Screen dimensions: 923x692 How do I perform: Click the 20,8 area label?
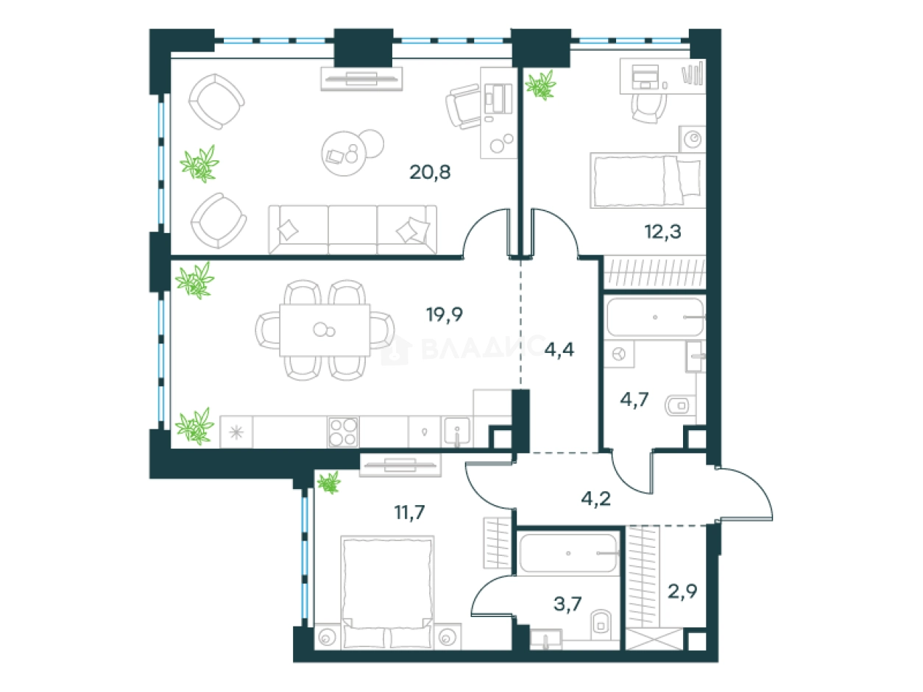430,172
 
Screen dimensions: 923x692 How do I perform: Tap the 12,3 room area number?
662,232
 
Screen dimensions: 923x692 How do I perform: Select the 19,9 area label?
445,314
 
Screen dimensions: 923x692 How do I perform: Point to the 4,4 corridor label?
559,349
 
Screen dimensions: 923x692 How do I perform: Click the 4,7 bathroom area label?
634,399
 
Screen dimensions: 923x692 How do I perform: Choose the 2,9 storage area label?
682,591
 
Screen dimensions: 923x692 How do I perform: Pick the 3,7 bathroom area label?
567,604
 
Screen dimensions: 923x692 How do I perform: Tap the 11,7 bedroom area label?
409,512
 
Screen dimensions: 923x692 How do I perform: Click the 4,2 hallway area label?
596,499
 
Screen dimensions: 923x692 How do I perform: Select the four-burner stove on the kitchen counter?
343,432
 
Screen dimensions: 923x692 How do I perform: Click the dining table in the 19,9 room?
325,330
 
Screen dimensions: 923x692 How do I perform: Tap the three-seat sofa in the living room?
353,230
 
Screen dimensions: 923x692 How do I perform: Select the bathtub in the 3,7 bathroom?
568,553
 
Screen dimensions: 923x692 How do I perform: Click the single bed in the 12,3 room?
648,181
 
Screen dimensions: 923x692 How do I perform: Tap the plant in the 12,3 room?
541,85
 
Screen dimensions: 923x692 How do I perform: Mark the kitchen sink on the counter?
457,431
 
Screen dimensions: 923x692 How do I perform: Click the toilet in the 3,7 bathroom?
601,625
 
